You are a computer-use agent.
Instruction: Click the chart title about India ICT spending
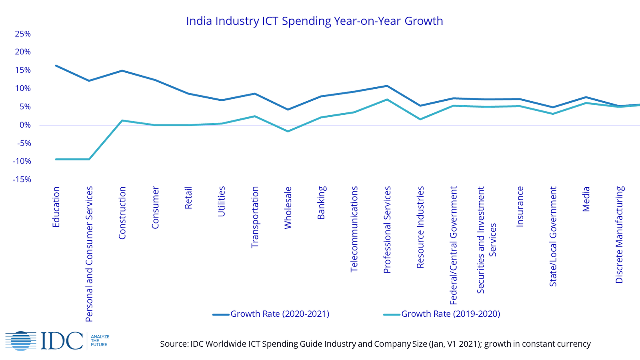tap(314, 21)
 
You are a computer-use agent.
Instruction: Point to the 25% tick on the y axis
tap(23, 34)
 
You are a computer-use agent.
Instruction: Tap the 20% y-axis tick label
tap(23, 52)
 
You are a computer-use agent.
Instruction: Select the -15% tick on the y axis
tap(22, 179)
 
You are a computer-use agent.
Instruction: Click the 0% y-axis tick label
tap(24, 125)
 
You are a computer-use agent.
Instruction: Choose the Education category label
tap(56, 207)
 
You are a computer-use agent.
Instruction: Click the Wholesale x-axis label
tap(288, 208)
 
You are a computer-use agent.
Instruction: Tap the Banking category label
tap(322, 202)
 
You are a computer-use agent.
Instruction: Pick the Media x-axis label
tap(586, 199)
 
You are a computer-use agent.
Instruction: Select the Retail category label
tap(188, 197)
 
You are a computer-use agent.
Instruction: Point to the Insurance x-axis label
tap(520, 207)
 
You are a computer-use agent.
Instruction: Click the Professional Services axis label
tap(387, 230)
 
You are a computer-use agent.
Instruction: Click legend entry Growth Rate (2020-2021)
tap(280, 314)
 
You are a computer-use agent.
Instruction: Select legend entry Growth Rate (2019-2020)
tap(451, 314)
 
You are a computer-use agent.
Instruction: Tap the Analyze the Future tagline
tap(100, 341)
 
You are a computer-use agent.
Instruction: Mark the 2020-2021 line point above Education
tap(56, 65)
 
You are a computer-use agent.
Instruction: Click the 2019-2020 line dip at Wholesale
tap(288, 132)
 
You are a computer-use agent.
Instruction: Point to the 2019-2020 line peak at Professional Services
tap(387, 99)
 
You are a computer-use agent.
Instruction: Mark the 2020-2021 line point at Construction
tap(122, 70)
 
